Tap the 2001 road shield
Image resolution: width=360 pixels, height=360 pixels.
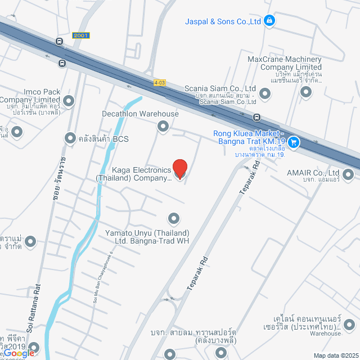80,35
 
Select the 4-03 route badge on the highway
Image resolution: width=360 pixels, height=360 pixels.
160,83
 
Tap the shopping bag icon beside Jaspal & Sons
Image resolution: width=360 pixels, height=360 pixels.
270,21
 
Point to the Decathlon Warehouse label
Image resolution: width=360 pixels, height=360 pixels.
140,114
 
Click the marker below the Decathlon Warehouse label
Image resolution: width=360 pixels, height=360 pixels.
163,125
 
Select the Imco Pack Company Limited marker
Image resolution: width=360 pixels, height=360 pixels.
69,101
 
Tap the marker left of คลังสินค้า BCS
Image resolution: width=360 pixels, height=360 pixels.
70,137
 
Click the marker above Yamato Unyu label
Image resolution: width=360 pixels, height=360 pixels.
174,218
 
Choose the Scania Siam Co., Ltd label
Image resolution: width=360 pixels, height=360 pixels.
220,89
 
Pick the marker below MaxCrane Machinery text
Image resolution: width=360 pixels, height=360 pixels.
305,92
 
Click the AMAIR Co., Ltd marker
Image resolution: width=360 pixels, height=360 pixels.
348,177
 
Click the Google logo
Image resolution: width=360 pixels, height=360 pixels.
17,353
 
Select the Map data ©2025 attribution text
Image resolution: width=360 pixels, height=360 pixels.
335,355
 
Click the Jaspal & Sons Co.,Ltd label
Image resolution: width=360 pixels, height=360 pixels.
223,21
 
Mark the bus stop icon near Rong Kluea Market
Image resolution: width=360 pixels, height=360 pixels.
256,118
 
